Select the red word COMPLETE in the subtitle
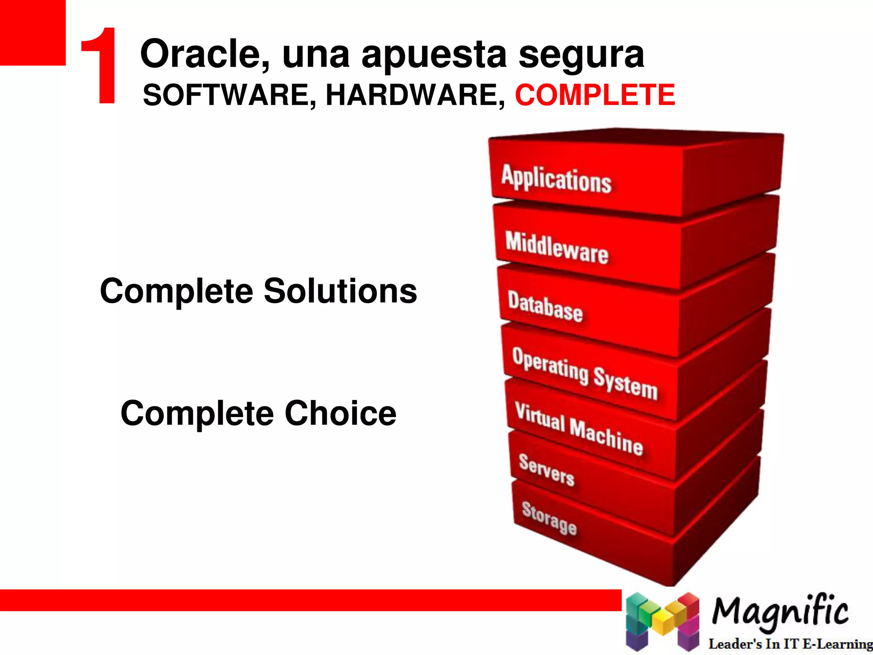coord(595,95)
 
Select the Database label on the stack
coord(545,307)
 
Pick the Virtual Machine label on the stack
coord(578,429)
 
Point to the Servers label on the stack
coord(546,470)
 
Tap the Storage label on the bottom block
coord(549,518)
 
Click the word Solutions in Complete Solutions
coord(340,291)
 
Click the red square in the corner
coord(32,32)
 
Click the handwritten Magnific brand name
coord(780,612)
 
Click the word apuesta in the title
coord(434,55)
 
